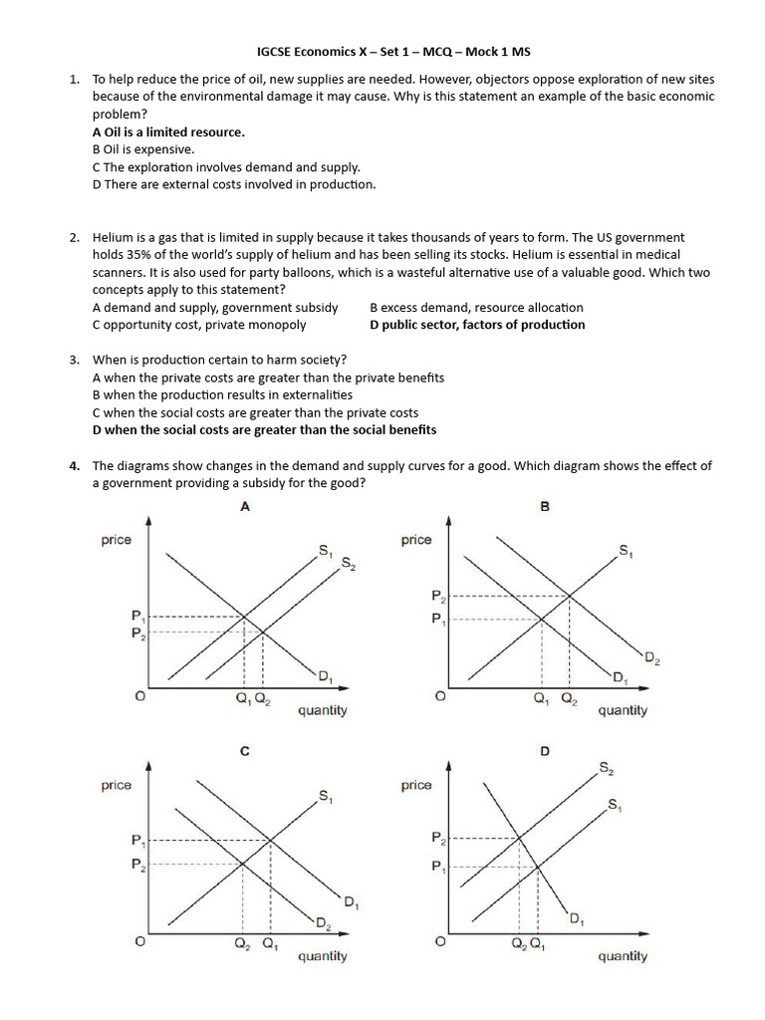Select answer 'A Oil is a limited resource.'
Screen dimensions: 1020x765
[x=168, y=131]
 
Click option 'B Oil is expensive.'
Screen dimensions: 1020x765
[x=143, y=149]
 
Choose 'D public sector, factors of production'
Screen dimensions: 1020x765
[x=477, y=325]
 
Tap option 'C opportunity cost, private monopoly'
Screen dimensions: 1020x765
[x=199, y=325]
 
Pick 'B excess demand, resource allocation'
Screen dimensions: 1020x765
[x=476, y=308]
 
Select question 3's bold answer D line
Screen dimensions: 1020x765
[x=264, y=430]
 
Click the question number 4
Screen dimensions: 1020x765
[x=75, y=465]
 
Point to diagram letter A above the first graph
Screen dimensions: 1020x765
[x=245, y=506]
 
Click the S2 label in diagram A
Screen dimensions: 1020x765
[x=348, y=564]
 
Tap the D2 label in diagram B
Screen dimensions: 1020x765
[x=651, y=658]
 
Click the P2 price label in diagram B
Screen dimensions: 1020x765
[x=438, y=597]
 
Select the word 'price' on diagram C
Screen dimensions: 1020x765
[x=117, y=785]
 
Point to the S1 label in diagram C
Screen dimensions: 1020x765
[x=326, y=795]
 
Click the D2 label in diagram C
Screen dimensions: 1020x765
[x=324, y=923]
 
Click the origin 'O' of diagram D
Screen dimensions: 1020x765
[x=440, y=941]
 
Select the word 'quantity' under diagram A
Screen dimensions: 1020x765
[x=323, y=710]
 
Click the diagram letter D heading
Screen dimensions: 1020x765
[x=544, y=751]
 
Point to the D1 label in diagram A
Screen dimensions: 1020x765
[x=324, y=678]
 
